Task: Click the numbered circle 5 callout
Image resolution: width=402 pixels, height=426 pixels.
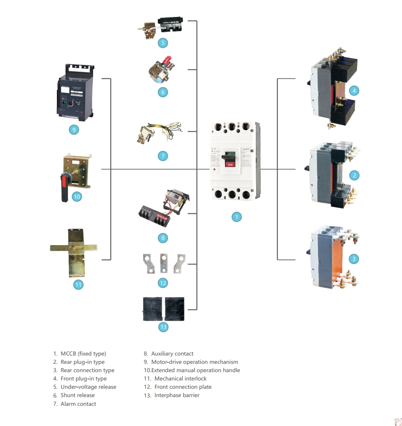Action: click(x=163, y=43)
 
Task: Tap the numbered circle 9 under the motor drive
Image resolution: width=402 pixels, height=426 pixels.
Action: click(x=74, y=129)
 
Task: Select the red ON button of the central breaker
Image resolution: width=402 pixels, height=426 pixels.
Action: click(x=230, y=164)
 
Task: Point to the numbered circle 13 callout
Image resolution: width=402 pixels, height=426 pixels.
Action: click(x=163, y=327)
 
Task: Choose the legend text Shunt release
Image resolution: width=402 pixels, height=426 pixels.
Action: click(x=77, y=395)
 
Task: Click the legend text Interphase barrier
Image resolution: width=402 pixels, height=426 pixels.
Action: click(x=177, y=395)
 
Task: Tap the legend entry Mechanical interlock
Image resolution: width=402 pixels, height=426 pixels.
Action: click(x=180, y=378)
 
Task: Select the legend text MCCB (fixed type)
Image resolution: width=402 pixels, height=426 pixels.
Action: click(x=83, y=354)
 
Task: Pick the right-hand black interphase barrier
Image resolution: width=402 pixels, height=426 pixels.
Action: click(x=175, y=309)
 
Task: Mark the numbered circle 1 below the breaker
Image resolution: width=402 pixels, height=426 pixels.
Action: click(x=236, y=217)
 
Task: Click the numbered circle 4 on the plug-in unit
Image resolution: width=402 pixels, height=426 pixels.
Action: click(x=354, y=91)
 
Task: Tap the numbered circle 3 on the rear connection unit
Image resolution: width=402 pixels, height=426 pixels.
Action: click(x=354, y=259)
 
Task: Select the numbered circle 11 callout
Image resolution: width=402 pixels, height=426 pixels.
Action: click(x=78, y=284)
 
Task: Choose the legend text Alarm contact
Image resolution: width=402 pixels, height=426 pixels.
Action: click(x=78, y=404)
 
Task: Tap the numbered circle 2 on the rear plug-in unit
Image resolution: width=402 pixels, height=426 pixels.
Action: click(x=354, y=175)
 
